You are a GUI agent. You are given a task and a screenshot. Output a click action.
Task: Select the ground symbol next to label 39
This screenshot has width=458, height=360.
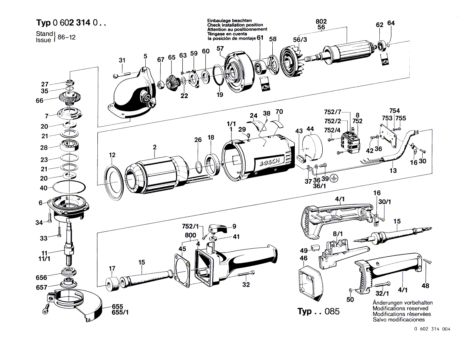tap(333, 178)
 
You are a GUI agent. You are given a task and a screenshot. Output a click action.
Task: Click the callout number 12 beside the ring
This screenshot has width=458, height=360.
tap(112, 155)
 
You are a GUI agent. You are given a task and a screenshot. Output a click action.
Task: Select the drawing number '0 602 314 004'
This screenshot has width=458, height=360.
tap(432, 329)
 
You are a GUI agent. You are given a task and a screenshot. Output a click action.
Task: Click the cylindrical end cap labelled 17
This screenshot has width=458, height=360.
tap(111, 283)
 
